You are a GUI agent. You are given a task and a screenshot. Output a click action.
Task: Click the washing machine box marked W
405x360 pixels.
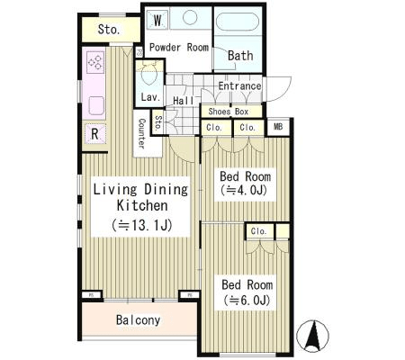click(157, 21)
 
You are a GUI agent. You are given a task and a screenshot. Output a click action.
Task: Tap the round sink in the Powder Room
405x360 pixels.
click(190, 17)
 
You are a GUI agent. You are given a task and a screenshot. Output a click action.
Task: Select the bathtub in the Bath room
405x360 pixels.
click(238, 22)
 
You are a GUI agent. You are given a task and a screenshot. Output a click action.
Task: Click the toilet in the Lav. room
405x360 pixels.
click(149, 76)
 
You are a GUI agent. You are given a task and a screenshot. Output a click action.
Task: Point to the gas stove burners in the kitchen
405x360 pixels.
click(95, 62)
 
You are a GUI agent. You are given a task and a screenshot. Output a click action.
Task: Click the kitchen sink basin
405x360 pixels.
click(96, 105)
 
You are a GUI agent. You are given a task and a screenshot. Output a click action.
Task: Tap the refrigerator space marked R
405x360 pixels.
click(94, 134)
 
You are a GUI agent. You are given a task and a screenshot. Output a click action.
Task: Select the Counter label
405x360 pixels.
click(141, 133)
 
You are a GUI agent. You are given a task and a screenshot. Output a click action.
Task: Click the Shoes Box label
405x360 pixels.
click(229, 112)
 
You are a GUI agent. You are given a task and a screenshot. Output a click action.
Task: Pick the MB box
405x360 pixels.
click(278, 127)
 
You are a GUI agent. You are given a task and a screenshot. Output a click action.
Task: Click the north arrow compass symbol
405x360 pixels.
click(312, 336)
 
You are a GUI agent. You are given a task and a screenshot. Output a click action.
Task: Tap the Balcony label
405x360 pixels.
click(138, 320)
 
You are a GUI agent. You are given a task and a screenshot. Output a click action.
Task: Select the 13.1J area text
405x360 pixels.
click(141, 225)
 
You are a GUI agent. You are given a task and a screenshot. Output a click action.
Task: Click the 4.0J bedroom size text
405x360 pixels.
click(244, 190)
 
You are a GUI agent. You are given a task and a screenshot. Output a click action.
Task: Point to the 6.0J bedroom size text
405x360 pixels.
click(247, 300)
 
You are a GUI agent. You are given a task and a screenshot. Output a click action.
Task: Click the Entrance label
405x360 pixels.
click(239, 86)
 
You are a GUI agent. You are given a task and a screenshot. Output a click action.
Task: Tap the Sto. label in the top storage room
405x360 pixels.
click(109, 30)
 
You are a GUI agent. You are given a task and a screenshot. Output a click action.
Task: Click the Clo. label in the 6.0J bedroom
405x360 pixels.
click(259, 231)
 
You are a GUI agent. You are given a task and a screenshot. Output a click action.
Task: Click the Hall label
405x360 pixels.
click(184, 101)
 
